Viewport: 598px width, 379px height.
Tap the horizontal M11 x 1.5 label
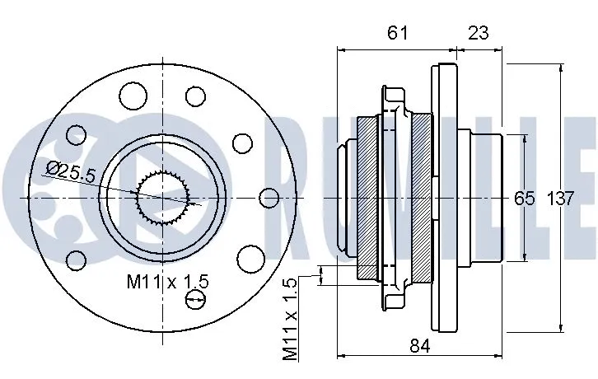point(167,282)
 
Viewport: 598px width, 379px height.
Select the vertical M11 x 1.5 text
point(289,319)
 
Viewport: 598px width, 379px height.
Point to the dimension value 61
point(397,32)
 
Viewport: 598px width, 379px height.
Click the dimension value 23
point(479,32)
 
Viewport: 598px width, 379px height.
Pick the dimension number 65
point(525,198)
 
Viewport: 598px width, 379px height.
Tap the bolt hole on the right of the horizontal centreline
point(269,198)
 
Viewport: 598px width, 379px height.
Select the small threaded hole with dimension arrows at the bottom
point(195,300)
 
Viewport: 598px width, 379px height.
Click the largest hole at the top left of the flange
point(132,96)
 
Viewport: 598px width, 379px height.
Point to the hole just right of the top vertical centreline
point(195,96)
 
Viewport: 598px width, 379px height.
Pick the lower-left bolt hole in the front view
point(76,261)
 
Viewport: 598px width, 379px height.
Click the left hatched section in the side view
point(367,198)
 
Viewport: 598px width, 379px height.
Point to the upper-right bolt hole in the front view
point(242,143)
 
